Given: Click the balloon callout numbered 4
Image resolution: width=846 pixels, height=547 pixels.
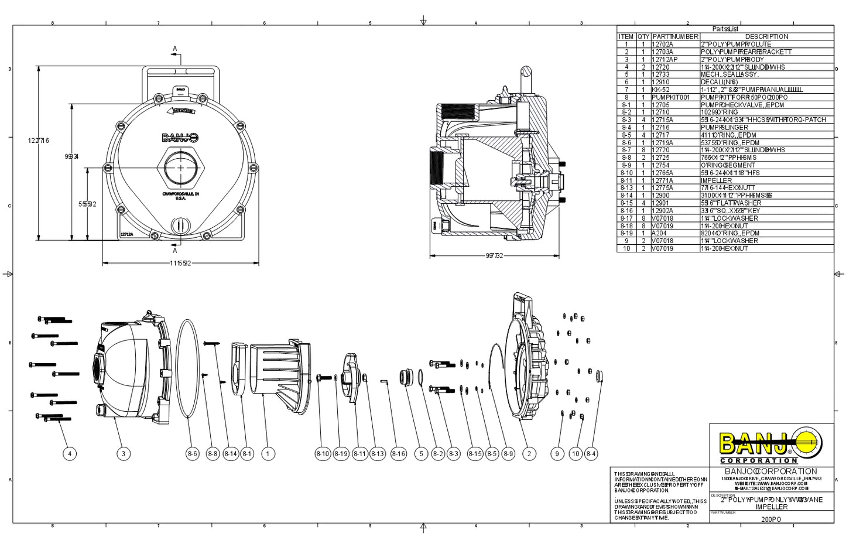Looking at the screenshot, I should coord(70,453).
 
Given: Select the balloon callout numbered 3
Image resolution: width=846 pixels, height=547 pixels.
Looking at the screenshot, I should coord(123,453).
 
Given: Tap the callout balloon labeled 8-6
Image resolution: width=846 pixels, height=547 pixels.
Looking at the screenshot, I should coord(193,453).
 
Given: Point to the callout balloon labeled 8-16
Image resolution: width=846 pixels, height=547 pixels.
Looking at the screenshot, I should coord(399,453).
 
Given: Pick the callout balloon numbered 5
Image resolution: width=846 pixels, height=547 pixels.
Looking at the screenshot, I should coord(420,453).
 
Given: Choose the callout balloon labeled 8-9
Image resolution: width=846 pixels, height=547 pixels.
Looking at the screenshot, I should coord(508,453).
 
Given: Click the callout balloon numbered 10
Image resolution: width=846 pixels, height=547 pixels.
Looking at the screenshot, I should coord(576,453).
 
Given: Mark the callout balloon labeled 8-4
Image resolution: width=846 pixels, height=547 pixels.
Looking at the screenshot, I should coord(591,453).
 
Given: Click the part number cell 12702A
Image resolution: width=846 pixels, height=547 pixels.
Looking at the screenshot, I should coord(663,45).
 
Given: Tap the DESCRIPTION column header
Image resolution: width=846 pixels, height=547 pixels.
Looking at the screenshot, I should coord(766,36).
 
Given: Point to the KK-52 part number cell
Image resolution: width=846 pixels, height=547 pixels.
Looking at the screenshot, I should coord(661,90).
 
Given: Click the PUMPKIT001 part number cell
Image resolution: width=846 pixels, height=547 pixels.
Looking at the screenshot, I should coord(671,97).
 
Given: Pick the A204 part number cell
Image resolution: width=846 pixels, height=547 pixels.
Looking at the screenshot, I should coord(660,233).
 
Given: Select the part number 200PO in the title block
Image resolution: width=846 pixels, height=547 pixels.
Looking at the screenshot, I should coord(771,519).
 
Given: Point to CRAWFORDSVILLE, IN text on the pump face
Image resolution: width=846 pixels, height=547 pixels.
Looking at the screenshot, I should coord(181,194).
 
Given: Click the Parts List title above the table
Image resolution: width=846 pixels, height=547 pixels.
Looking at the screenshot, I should coord(725,29).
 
